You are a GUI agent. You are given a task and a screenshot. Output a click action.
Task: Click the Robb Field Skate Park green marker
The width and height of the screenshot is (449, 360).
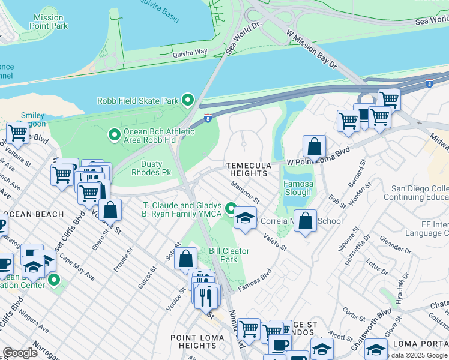click(x=188, y=100)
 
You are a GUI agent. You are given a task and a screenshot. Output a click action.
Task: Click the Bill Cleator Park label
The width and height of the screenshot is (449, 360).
click(x=229, y=255)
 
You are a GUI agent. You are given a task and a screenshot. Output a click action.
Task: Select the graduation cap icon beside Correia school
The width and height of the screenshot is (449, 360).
click(x=245, y=220)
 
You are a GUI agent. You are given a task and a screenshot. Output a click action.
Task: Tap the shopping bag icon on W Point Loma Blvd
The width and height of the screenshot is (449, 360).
click(x=314, y=146)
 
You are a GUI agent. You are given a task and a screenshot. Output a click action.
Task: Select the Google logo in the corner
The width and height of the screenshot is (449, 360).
click(x=20, y=353)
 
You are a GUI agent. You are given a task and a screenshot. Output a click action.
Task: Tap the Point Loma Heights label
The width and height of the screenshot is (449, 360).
click(x=197, y=342)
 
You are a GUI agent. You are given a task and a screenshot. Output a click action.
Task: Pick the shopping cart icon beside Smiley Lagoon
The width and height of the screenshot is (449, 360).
click(x=18, y=133)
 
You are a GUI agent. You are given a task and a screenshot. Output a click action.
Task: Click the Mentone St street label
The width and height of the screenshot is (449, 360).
click(x=244, y=193)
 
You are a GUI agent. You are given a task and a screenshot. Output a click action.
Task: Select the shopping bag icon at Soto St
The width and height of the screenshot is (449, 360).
click(x=186, y=259)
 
